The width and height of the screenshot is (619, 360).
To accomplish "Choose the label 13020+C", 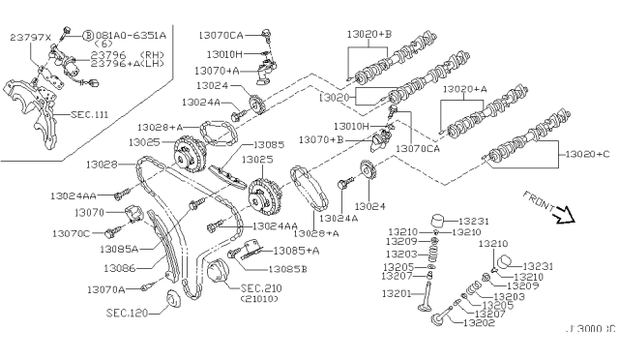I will (x=588, y=155).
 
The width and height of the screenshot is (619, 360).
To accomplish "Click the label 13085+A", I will (x=295, y=252).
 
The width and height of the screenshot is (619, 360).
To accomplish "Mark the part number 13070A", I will (x=105, y=288).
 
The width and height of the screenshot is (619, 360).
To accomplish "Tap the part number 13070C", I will (x=71, y=233).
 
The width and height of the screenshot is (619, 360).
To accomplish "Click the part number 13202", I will (x=479, y=322).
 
